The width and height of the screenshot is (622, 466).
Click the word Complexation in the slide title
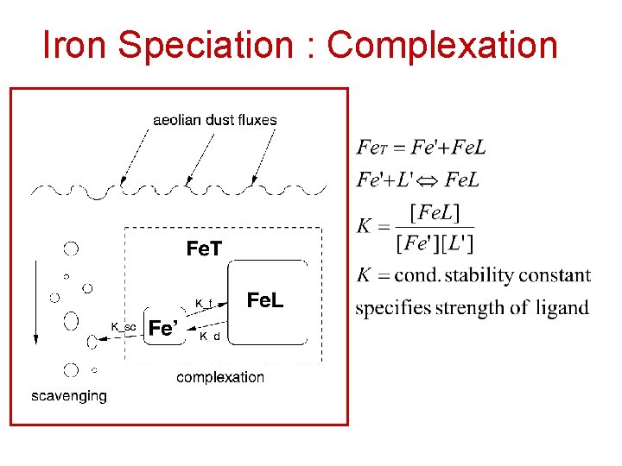(442, 45)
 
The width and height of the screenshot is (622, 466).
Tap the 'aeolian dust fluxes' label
(214, 120)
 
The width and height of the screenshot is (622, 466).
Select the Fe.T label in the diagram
(204, 249)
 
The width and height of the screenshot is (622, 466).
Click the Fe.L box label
(264, 300)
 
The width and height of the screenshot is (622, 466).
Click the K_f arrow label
(204, 303)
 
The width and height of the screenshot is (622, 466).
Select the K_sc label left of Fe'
(124, 326)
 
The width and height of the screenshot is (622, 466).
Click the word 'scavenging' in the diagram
(69, 396)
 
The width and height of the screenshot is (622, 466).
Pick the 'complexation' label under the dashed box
(220, 376)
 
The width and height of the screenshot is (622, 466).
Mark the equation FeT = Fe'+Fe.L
(422, 148)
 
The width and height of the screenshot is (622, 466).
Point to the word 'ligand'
(562, 308)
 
